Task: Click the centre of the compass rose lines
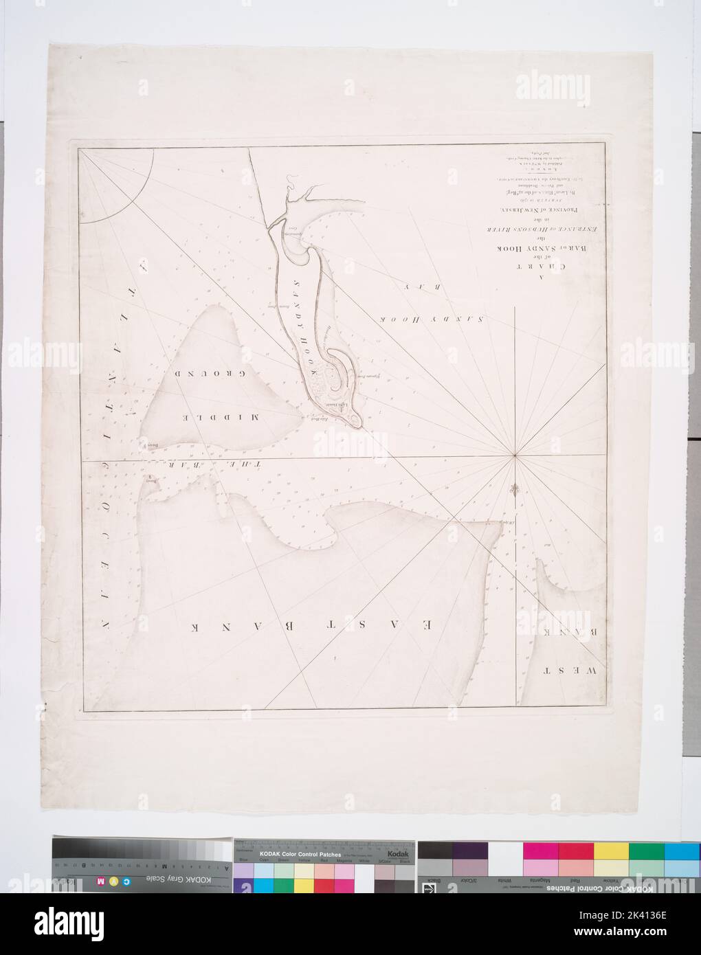(516, 456)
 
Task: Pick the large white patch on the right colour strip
(505, 850)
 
